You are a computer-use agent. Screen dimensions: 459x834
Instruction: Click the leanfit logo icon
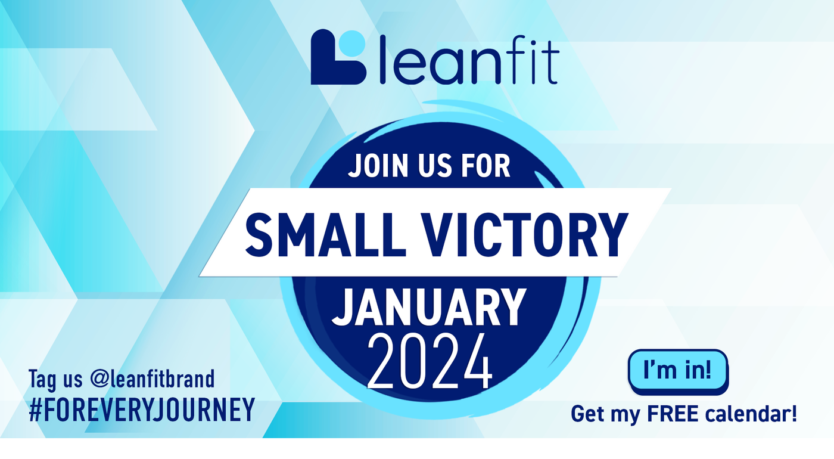tap(338, 57)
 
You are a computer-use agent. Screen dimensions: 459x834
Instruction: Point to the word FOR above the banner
tap(486, 165)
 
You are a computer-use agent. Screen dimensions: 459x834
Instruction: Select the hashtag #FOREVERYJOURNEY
tap(142, 410)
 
